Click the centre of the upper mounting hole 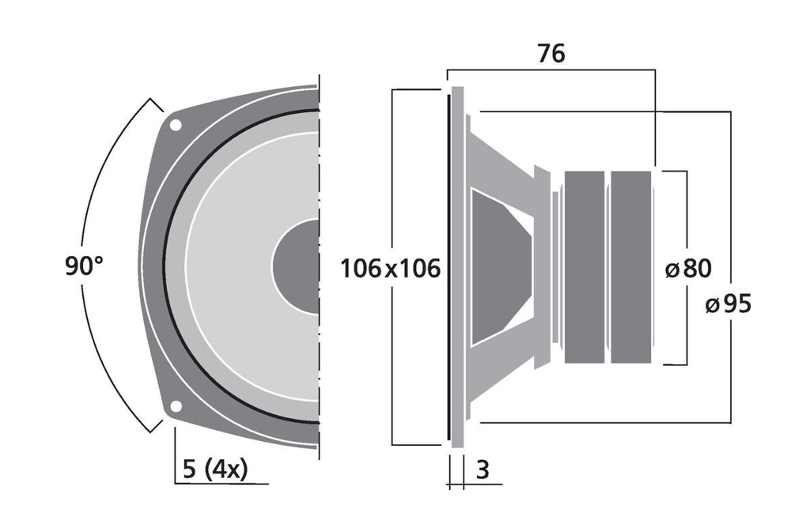[176, 125]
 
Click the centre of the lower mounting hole [176, 406]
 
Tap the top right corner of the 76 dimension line [655, 70]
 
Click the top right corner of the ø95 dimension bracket [730, 111]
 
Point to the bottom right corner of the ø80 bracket [687, 364]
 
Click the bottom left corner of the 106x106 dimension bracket [392, 444]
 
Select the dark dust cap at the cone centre [296, 266]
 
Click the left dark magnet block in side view [585, 267]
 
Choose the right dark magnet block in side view [630, 267]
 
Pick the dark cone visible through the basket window [501, 267]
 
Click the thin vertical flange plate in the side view [458, 267]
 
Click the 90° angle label [84, 266]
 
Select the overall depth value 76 [551, 54]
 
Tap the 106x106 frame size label [391, 269]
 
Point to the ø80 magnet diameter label [689, 269]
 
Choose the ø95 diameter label [729, 304]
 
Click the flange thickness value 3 [483, 470]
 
